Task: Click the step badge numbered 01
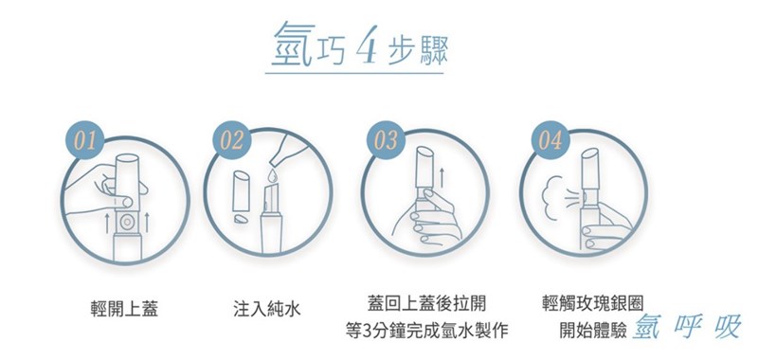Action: [x=84, y=141]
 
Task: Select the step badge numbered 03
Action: [x=386, y=141]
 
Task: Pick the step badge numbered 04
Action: [x=548, y=141]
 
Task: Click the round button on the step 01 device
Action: [x=127, y=217]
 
